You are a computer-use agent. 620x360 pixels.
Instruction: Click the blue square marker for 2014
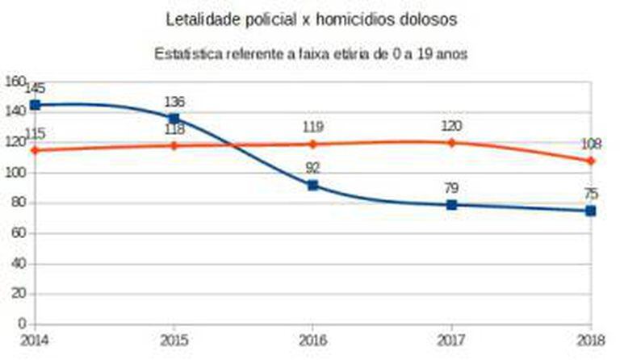point(35,105)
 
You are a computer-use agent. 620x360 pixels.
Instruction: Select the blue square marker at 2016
point(312,186)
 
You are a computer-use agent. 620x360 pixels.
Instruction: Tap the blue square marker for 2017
point(451,205)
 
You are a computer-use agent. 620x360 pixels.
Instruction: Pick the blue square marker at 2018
point(591,211)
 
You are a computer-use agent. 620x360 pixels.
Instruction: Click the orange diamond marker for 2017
point(451,143)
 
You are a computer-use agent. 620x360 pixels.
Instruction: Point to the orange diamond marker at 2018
point(591,161)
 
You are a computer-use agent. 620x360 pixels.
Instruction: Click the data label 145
point(35,87)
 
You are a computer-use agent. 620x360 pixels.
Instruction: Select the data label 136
point(174,102)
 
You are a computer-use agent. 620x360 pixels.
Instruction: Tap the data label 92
point(312,168)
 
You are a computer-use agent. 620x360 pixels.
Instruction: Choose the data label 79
point(451,187)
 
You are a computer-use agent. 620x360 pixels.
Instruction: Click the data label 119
point(312,127)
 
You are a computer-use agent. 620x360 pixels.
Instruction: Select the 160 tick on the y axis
point(16,82)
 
